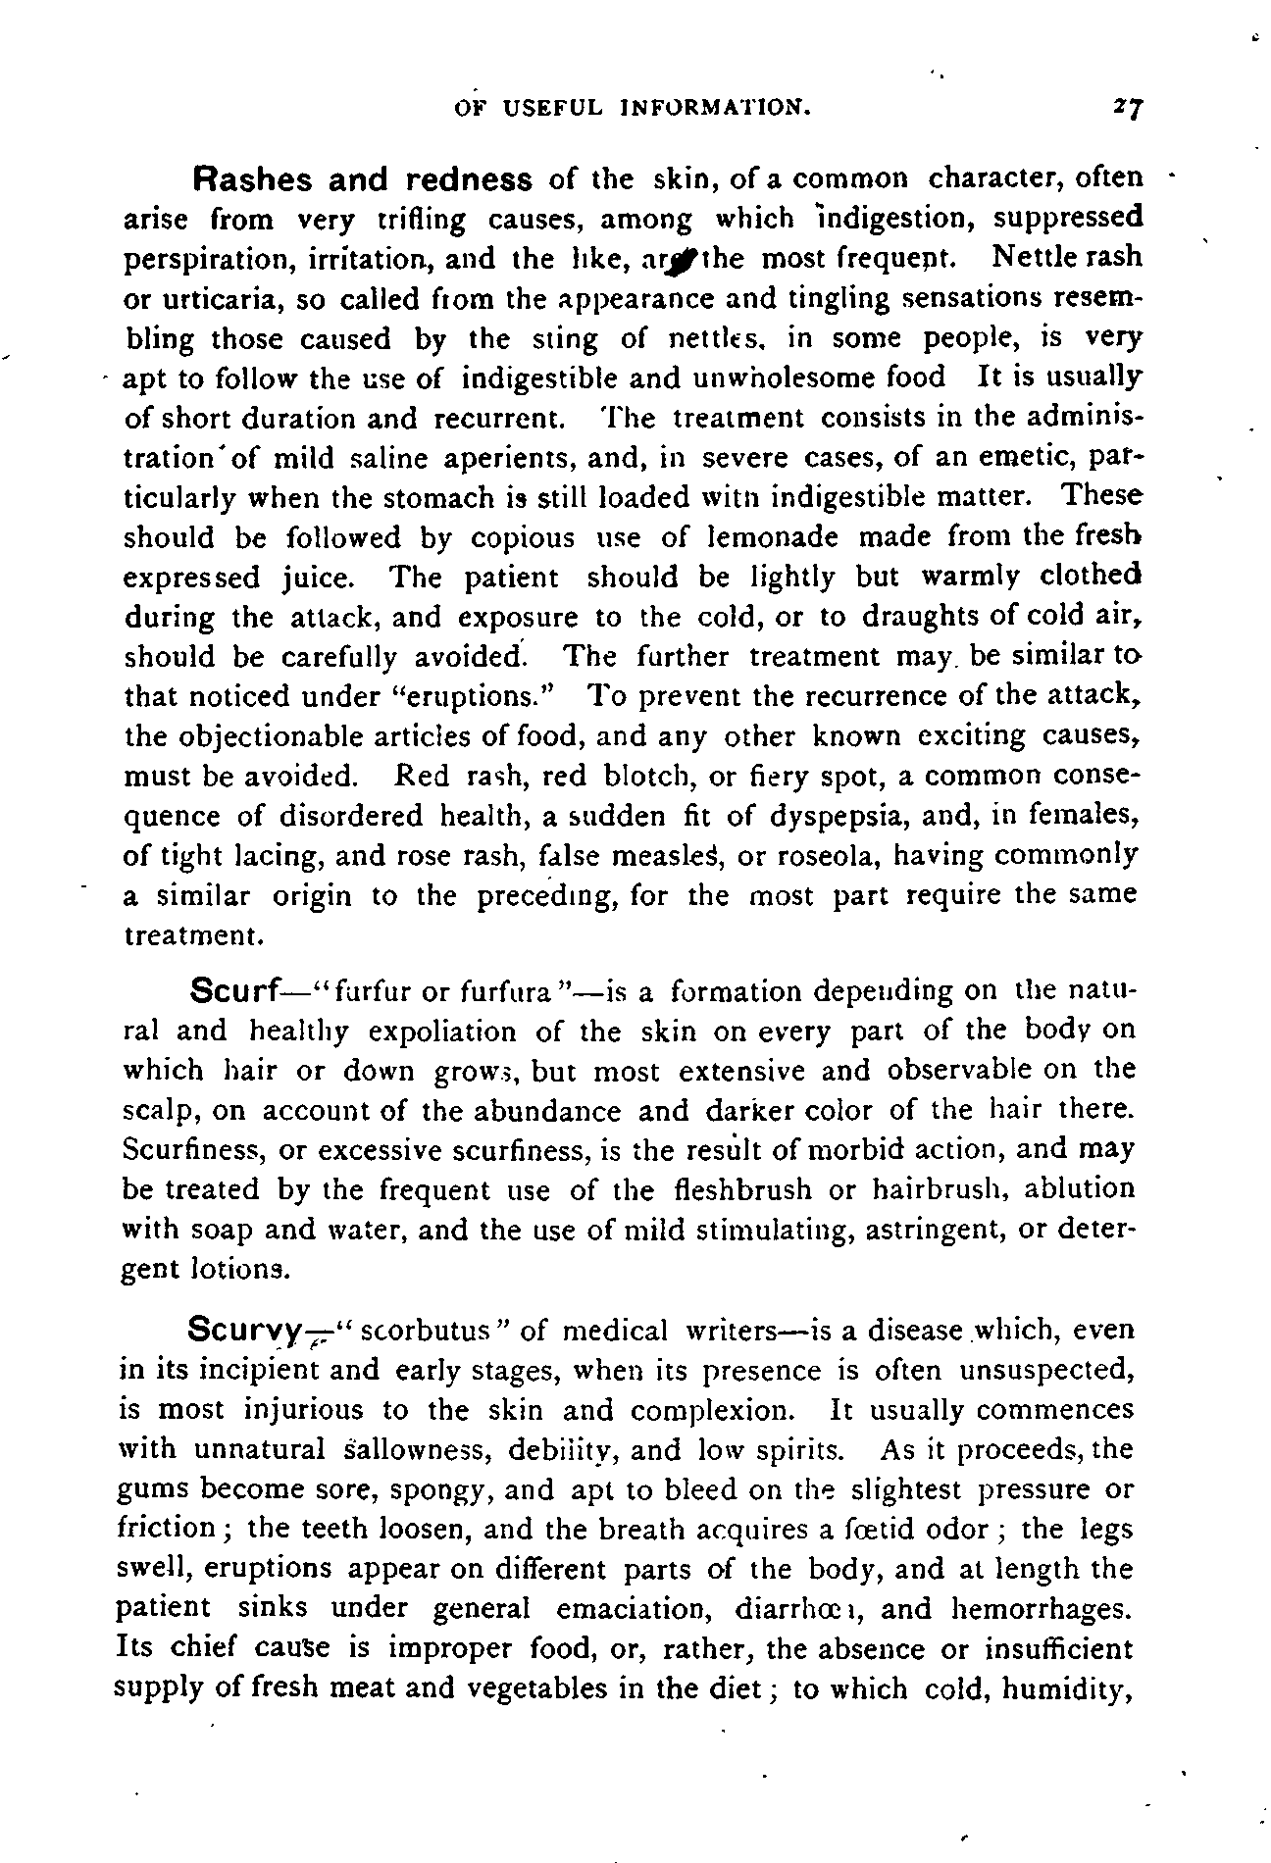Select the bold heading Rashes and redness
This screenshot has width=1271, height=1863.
[364, 180]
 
